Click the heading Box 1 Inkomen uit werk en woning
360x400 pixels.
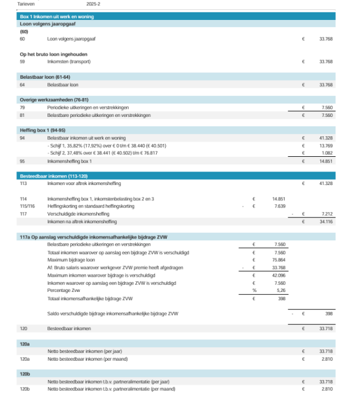[56, 16]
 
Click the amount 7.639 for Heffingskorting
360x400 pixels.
[280, 206]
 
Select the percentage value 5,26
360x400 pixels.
[281, 290]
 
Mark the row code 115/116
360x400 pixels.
[28, 206]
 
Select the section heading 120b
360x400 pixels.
[25, 373]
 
